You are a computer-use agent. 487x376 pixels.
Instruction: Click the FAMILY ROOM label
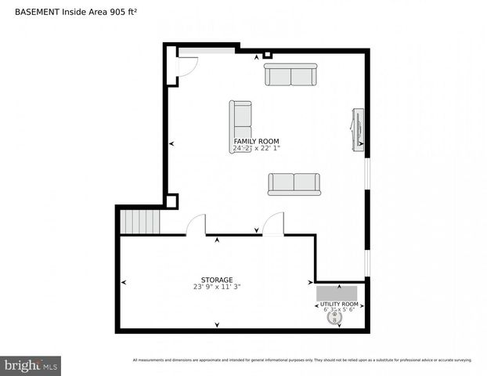(x=256, y=142)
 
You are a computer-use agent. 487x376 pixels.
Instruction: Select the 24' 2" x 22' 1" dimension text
(x=256, y=148)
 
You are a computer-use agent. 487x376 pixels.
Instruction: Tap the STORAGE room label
(x=217, y=280)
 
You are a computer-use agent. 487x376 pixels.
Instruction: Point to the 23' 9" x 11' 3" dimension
(x=217, y=287)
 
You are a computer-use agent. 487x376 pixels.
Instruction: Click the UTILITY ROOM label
(x=341, y=304)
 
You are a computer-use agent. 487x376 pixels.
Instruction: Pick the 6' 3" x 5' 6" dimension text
(x=341, y=309)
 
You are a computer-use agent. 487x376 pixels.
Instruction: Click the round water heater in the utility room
(x=340, y=318)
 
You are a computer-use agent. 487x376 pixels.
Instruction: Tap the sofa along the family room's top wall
(x=290, y=75)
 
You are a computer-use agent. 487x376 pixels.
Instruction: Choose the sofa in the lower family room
(x=294, y=183)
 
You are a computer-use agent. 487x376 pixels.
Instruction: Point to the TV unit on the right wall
(x=358, y=128)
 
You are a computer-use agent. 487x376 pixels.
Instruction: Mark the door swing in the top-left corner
(x=186, y=67)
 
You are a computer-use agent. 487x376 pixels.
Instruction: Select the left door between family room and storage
(x=196, y=226)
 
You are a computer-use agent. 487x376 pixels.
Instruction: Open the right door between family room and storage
(x=272, y=226)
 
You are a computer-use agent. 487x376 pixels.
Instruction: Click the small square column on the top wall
(x=267, y=55)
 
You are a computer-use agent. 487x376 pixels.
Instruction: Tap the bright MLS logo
(x=31, y=364)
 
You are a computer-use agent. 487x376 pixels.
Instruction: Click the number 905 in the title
(x=116, y=10)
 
